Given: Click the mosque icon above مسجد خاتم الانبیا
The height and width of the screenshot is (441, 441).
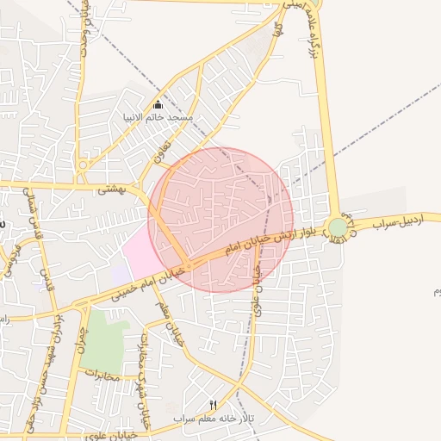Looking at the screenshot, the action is point(158,105).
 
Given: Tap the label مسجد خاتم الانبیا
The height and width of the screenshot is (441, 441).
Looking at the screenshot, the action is point(182,116).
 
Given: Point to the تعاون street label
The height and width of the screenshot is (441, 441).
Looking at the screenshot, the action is point(160,153).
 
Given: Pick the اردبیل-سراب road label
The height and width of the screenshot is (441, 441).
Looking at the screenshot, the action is point(406,223).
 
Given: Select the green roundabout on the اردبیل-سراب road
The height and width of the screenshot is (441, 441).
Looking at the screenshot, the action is point(338,227).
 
